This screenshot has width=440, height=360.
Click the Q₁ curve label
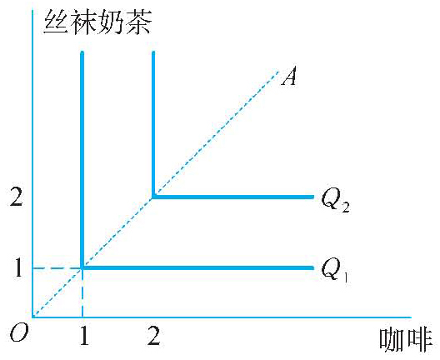(x=335, y=270)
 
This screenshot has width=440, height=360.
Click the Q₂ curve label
(x=335, y=200)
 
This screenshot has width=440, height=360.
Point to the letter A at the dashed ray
(x=289, y=76)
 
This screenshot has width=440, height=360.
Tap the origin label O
(x=19, y=334)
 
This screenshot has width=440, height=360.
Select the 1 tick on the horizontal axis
(x=84, y=336)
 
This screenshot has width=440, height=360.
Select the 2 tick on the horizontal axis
(x=154, y=336)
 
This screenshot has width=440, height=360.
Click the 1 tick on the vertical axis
(x=18, y=267)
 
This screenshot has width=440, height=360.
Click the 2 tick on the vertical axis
(x=16, y=197)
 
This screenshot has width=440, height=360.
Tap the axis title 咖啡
(x=406, y=340)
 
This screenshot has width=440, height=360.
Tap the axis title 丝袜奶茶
(x=98, y=22)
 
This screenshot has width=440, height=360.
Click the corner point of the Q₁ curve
(x=82, y=268)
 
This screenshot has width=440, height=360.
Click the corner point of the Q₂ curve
(x=153, y=197)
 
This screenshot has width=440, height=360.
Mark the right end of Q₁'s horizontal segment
(x=313, y=268)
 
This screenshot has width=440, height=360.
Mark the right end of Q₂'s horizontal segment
(x=313, y=197)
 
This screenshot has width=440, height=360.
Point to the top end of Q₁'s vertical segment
(x=82, y=52)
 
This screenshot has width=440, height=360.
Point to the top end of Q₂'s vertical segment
(x=153, y=52)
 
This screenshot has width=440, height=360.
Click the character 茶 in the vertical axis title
(x=139, y=22)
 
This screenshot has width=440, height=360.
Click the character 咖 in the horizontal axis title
(x=392, y=340)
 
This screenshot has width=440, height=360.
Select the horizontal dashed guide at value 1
(x=57, y=268)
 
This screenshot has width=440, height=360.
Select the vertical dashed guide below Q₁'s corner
(x=82, y=293)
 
